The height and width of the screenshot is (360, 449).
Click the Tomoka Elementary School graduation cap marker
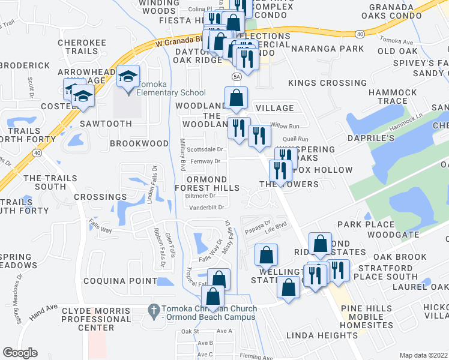pos(128,77)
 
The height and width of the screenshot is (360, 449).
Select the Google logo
pos(20,353)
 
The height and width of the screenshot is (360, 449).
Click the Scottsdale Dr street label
pos(205,149)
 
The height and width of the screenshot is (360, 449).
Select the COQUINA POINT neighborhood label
pos(116,281)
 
